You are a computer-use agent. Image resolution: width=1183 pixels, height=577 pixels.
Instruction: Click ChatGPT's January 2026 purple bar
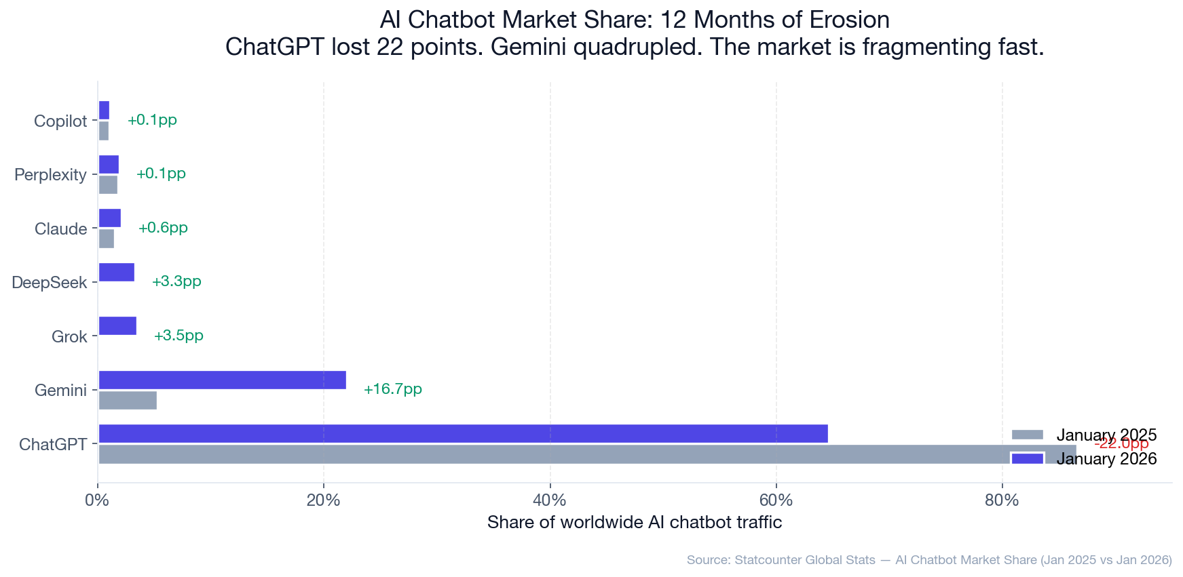tap(463, 434)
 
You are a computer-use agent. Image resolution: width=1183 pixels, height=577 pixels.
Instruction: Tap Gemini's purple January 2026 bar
tap(223, 380)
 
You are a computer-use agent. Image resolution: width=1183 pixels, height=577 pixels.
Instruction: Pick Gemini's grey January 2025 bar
tap(128, 401)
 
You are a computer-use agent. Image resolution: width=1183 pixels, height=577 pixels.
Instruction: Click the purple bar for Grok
tap(117, 326)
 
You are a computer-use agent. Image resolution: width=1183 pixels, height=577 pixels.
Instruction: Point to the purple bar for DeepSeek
tap(117, 273)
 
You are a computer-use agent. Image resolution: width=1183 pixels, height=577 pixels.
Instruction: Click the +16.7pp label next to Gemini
tap(392, 389)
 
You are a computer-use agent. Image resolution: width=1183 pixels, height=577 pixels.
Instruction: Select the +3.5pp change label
tap(179, 336)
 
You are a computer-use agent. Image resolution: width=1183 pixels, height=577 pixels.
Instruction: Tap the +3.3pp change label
tap(176, 281)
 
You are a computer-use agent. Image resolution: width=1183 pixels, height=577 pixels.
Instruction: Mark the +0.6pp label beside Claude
tap(163, 228)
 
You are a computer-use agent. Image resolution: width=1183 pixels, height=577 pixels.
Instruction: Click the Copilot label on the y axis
tap(60, 121)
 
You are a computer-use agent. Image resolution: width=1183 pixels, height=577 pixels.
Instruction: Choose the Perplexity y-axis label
tap(51, 175)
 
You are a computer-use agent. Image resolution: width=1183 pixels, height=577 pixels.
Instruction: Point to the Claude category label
tap(61, 229)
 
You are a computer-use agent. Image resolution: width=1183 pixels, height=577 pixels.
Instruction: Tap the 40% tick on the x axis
tap(550, 501)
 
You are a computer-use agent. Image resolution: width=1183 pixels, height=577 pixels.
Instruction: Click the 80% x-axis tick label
tap(1002, 501)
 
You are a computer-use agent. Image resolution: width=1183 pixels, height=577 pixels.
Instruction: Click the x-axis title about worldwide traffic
tap(635, 523)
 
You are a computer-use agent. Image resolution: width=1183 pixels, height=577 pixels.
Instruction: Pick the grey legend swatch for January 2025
tap(1027, 435)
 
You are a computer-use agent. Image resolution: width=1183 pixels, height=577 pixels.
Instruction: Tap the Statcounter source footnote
tap(928, 560)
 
